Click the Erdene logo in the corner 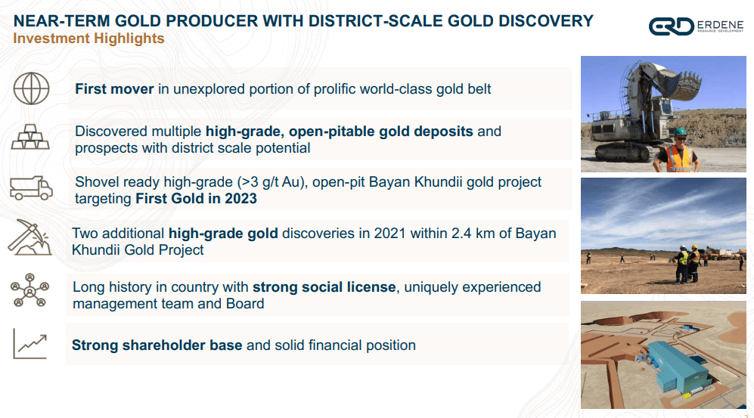[x=697, y=26]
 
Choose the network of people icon [x=29, y=292]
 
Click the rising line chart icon [x=29, y=344]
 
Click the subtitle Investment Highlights [x=89, y=38]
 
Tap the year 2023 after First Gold [x=239, y=200]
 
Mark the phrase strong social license [x=324, y=287]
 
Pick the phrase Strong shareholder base [x=157, y=345]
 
